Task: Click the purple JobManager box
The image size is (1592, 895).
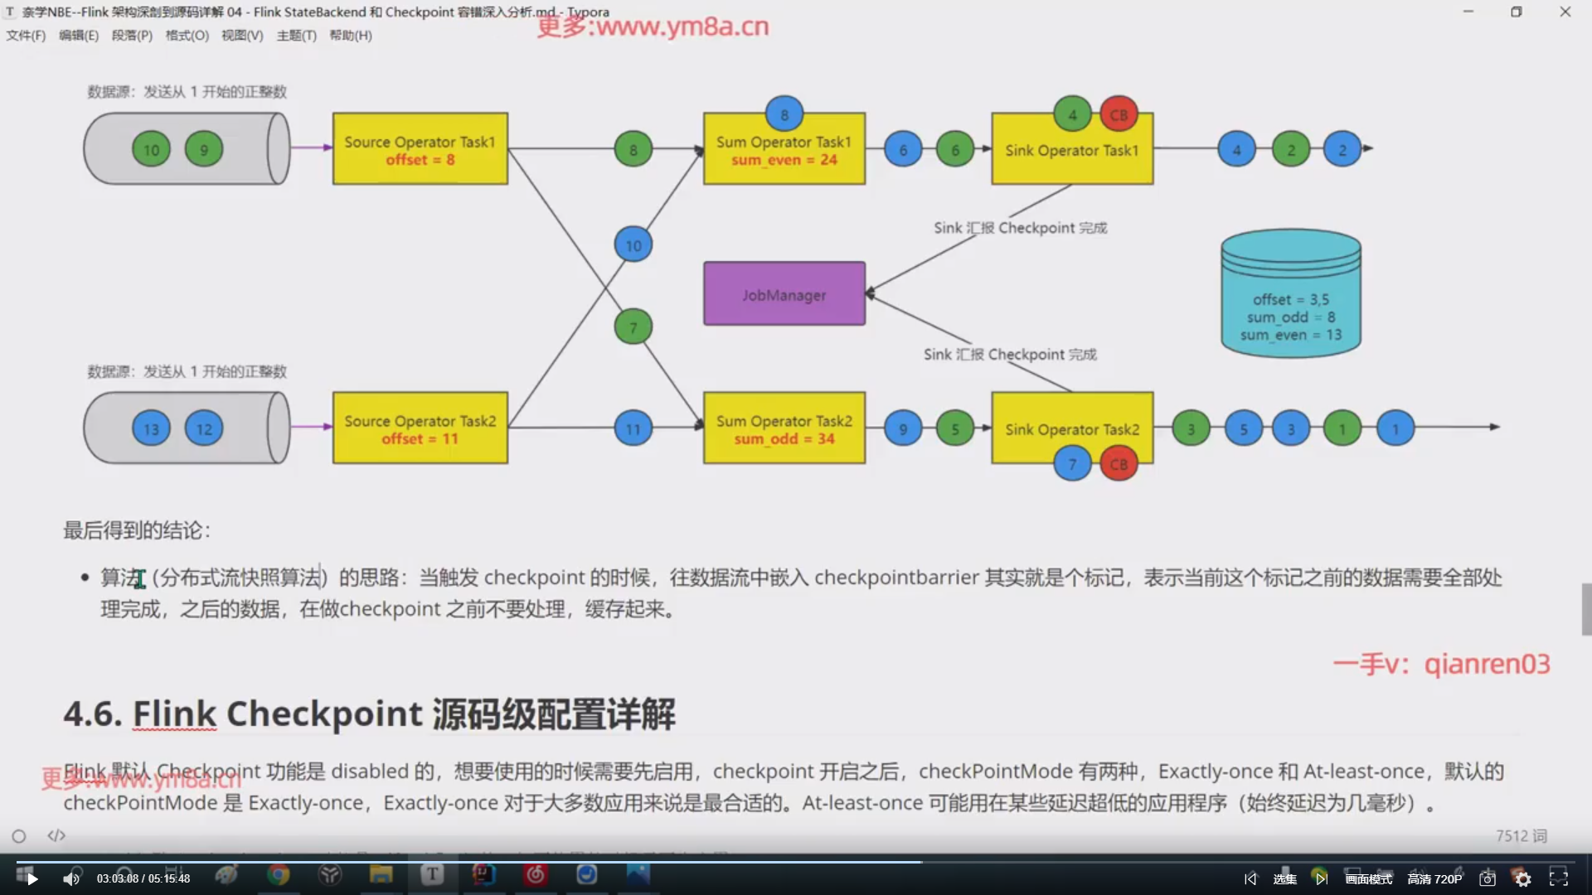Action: point(784,294)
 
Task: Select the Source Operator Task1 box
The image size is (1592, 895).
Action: point(420,149)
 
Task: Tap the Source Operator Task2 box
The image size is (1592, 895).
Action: point(420,428)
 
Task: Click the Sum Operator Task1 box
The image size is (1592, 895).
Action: point(784,150)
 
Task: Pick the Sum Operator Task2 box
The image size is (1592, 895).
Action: point(784,428)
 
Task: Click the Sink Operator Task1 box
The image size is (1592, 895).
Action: point(1071,150)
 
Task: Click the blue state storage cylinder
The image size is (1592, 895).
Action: point(1290,295)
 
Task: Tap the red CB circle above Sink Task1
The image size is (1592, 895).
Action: point(1119,115)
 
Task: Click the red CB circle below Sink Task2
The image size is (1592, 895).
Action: point(1119,464)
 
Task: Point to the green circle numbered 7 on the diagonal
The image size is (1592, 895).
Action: point(633,327)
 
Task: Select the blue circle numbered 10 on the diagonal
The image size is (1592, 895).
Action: point(633,245)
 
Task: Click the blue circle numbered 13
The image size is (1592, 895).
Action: point(151,429)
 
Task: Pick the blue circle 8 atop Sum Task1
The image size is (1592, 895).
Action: point(784,115)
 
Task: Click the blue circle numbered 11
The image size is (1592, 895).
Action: point(633,429)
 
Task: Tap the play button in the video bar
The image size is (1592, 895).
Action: point(32,878)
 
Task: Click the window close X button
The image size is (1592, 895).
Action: point(1565,12)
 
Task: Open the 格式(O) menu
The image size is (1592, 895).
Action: point(187,36)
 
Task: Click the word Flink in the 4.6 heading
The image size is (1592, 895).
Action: point(174,714)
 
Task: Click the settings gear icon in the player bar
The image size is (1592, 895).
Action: point(1522,879)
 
